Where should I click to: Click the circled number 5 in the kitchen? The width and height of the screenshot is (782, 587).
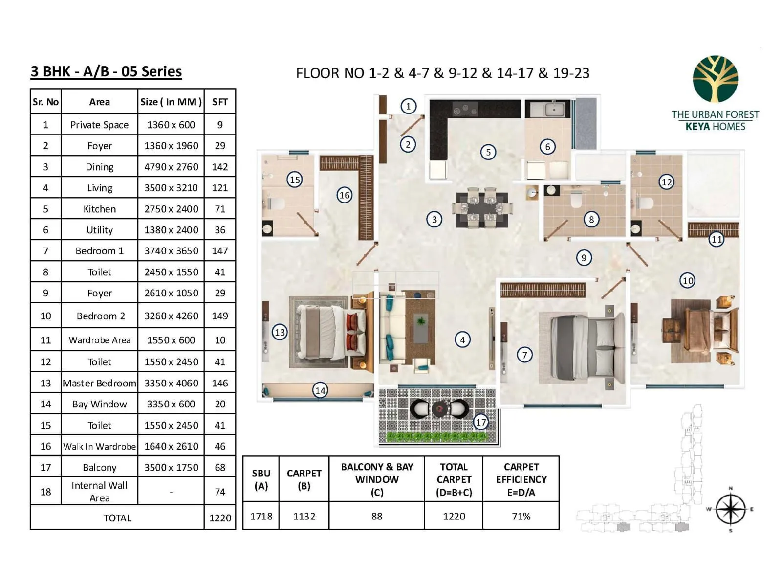[x=488, y=152]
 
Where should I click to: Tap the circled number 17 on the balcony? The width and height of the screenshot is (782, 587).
[x=481, y=422]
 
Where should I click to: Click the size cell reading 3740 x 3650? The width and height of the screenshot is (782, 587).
[x=171, y=251]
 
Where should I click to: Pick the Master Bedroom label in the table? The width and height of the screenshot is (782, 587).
[x=99, y=383]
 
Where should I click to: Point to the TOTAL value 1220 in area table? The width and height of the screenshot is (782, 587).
[x=220, y=518]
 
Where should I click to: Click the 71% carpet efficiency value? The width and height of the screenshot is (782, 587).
[x=521, y=516]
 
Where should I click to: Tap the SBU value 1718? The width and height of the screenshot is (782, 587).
[x=261, y=516]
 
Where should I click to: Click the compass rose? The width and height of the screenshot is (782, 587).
[x=730, y=509]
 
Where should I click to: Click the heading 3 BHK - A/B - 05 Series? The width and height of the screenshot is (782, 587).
[x=106, y=71]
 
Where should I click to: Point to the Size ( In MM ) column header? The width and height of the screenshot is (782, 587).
[x=171, y=102]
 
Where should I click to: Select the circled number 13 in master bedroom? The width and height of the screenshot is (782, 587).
[x=280, y=332]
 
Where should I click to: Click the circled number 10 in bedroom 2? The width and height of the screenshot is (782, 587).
[x=687, y=281]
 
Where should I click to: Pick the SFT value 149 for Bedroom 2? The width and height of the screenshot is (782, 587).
[x=220, y=316]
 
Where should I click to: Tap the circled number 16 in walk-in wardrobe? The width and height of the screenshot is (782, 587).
[x=345, y=195]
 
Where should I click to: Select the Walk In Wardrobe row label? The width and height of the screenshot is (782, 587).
[x=99, y=446]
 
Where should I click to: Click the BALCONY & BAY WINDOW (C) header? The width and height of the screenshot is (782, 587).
[x=377, y=479]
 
